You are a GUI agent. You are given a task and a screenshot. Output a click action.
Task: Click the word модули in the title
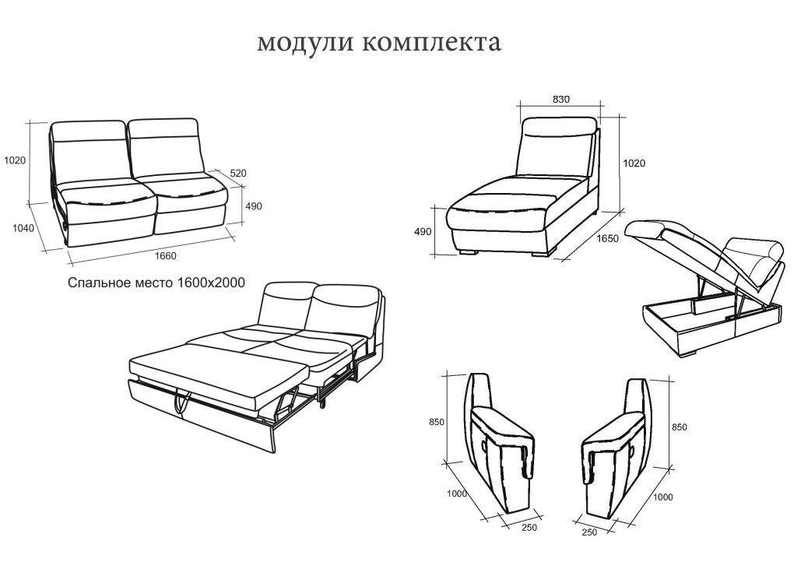pos(305,43)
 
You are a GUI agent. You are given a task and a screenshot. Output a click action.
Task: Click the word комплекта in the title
pos(430,43)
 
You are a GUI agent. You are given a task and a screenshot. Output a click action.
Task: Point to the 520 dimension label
pos(237,174)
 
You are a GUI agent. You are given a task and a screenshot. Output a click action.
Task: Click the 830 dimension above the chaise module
pos(561,99)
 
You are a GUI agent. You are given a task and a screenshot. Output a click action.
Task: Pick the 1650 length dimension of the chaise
pos(607,239)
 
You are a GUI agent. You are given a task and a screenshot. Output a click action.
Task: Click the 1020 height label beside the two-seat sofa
pos(15,161)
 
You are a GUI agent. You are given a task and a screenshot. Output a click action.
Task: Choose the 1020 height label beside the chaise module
pos(634,163)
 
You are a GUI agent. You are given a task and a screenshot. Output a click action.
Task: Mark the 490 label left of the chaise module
pos(423,232)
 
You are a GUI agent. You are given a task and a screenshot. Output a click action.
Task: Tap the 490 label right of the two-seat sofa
pos(254,206)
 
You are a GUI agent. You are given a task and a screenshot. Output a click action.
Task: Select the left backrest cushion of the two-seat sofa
pos(90,152)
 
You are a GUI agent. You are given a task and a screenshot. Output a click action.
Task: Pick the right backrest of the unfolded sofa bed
pos(346,307)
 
